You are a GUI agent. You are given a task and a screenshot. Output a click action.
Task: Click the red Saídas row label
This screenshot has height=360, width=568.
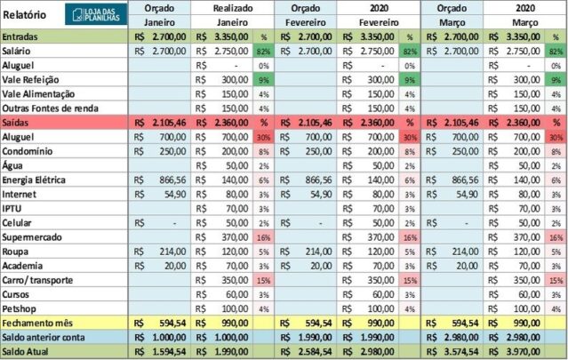pos(19,122)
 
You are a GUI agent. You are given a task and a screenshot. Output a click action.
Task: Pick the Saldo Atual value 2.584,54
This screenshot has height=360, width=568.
pos(312,352)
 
